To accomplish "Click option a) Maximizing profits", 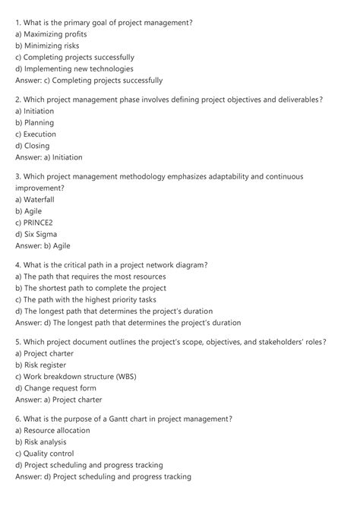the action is [51, 34].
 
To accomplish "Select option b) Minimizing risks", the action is [47, 46].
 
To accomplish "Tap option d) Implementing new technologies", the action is [79, 68].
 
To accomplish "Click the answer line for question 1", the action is [89, 80].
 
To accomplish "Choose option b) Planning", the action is [34, 122].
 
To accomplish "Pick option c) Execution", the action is [36, 134].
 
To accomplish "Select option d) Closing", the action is [33, 145].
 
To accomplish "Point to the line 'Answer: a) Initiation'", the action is [49, 157].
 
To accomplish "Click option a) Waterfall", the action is [35, 199].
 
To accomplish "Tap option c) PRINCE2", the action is [36, 223].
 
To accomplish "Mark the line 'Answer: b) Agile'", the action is [43, 245].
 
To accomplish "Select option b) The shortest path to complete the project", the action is [90, 288].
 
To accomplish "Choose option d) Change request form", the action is [63, 387].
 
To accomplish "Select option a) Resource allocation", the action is [52, 430].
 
